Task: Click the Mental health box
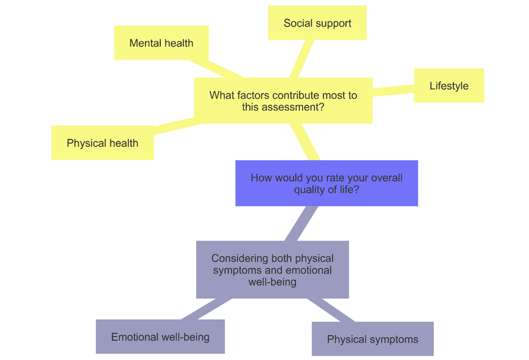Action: (161, 43)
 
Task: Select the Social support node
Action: (317, 23)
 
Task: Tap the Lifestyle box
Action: (449, 86)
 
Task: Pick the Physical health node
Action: (103, 143)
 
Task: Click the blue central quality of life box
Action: (326, 183)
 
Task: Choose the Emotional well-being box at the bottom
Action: (160, 337)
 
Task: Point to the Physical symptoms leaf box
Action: (372, 340)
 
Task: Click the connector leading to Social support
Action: (302, 59)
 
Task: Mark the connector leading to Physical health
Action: (174, 125)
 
